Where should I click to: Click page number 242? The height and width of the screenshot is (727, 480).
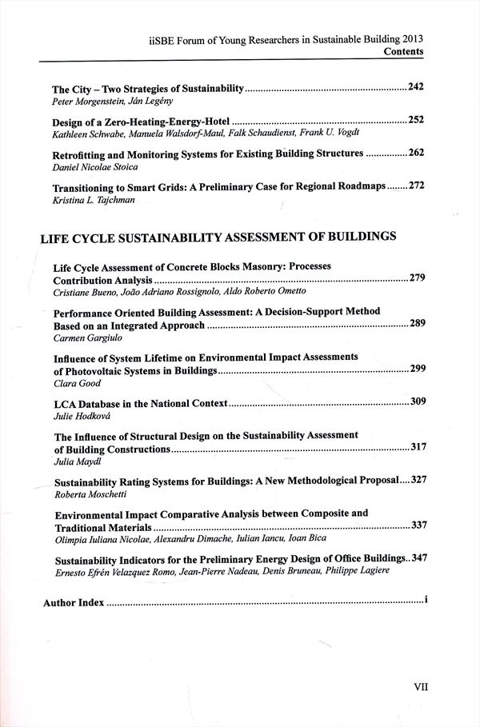point(415,86)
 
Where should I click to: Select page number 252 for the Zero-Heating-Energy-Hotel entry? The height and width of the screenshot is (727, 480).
point(415,120)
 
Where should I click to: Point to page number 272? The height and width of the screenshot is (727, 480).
point(416,186)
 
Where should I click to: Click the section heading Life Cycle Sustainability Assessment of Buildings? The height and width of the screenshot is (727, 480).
point(219,237)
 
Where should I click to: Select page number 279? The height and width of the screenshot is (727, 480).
point(417,278)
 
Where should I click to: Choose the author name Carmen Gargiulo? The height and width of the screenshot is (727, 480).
point(82,339)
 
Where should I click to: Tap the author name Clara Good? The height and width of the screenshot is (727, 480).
point(77,384)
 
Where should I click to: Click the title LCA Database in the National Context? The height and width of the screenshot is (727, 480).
point(141,402)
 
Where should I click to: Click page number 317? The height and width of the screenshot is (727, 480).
point(418,447)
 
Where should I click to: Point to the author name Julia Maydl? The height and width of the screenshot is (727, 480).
point(76,461)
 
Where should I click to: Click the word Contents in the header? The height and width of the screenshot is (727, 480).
point(403,51)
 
